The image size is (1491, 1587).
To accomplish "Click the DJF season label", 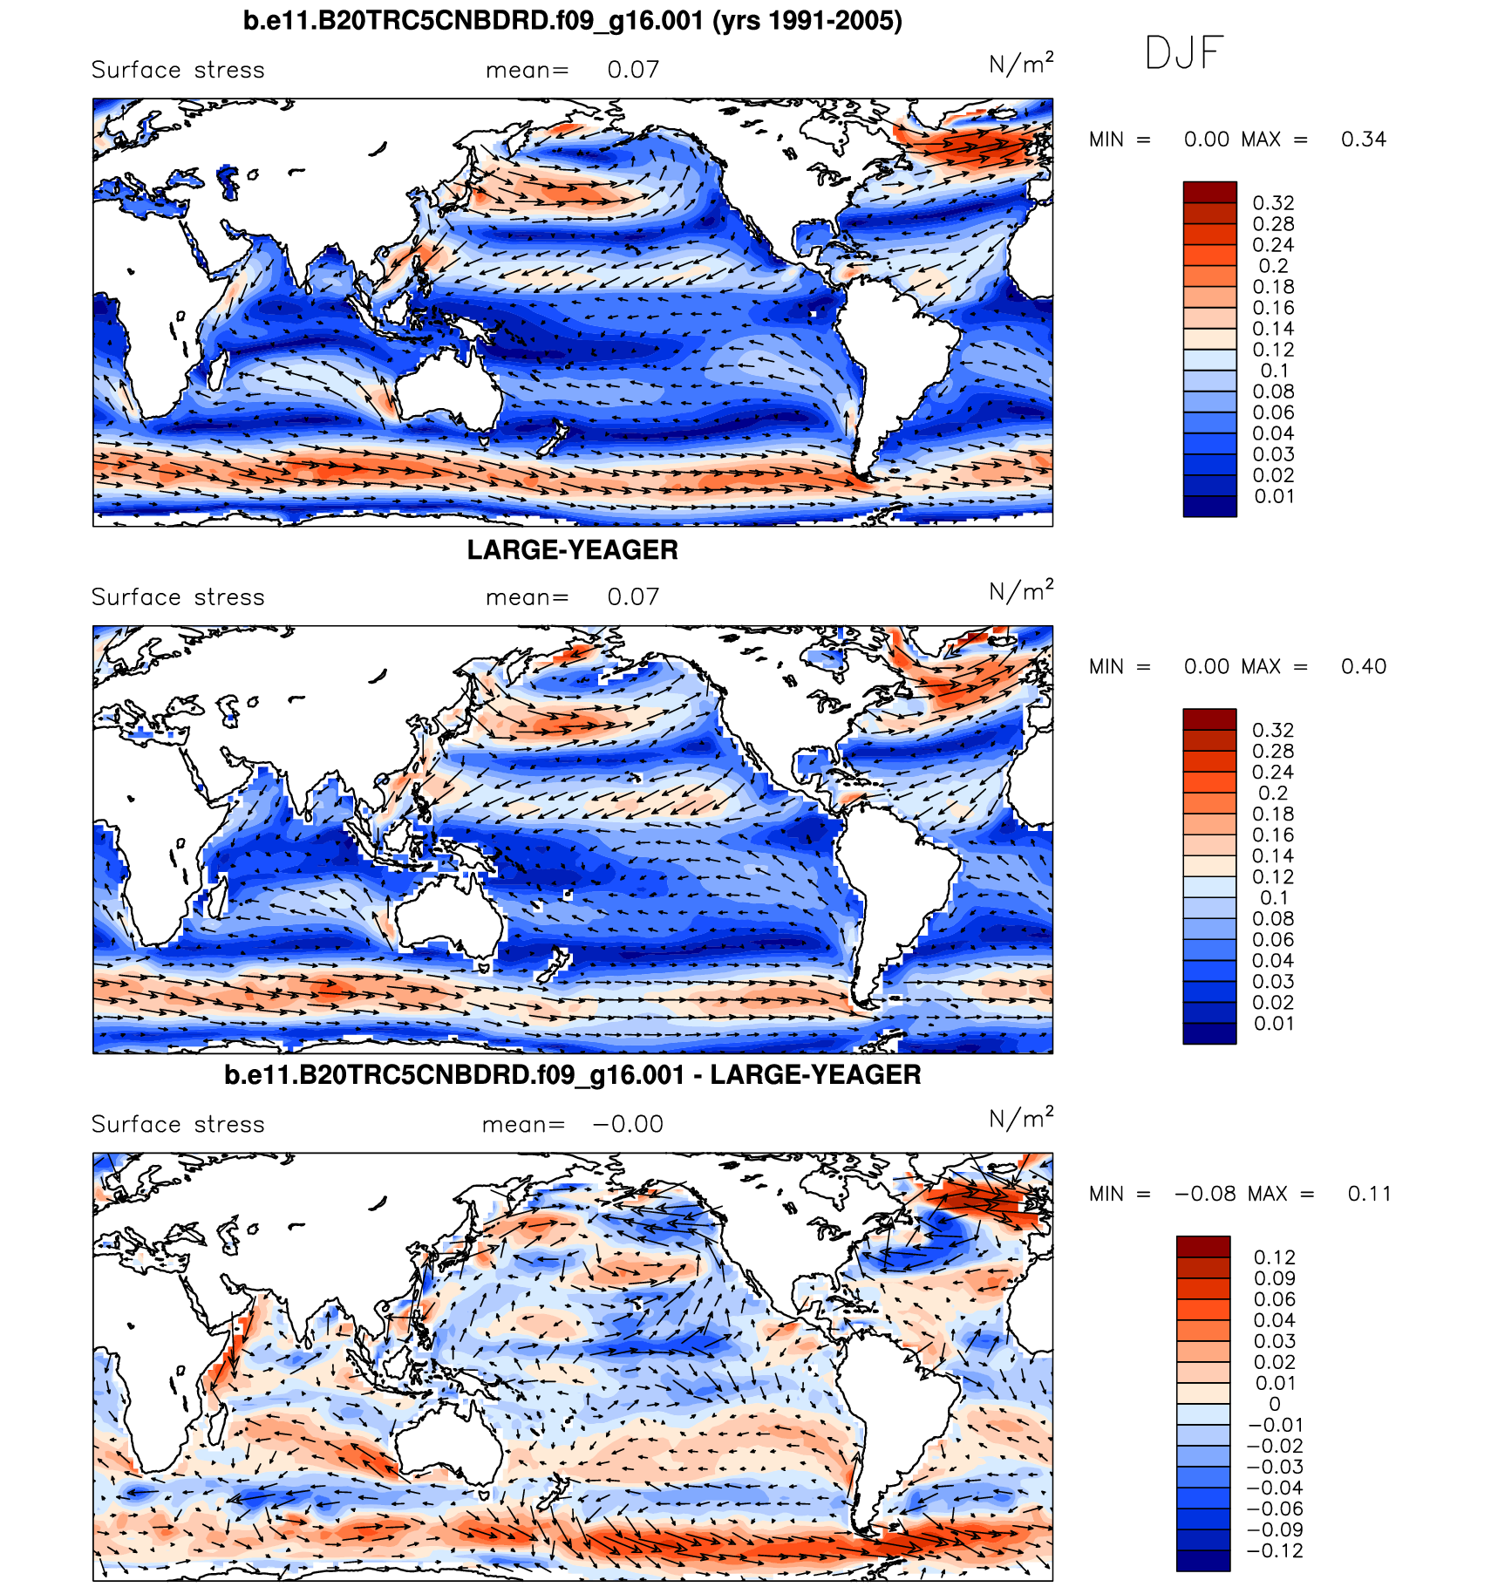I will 1183,53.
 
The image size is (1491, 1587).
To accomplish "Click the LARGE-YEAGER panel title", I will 572,550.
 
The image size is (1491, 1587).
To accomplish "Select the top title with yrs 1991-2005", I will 572,20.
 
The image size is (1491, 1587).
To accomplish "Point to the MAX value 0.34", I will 1363,140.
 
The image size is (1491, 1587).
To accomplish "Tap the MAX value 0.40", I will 1363,667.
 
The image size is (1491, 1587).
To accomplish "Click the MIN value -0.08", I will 1205,1194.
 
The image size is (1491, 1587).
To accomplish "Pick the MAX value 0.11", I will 1369,1194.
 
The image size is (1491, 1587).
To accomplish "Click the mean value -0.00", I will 628,1125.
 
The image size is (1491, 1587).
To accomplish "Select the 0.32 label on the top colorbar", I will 1273,203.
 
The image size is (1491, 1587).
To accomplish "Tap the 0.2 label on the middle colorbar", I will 1273,793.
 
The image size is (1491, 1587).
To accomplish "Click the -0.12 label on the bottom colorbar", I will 1276,1551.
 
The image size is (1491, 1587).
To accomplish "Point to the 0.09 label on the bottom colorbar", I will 1274,1279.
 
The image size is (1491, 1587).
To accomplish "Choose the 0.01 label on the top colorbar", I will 1274,497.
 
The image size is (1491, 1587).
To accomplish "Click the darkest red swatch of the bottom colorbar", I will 1203,1247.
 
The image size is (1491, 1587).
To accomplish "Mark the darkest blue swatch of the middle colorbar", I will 1209,1033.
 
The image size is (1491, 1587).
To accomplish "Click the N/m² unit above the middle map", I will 1020,592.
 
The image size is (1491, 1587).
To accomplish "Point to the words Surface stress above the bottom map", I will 178,1125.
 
